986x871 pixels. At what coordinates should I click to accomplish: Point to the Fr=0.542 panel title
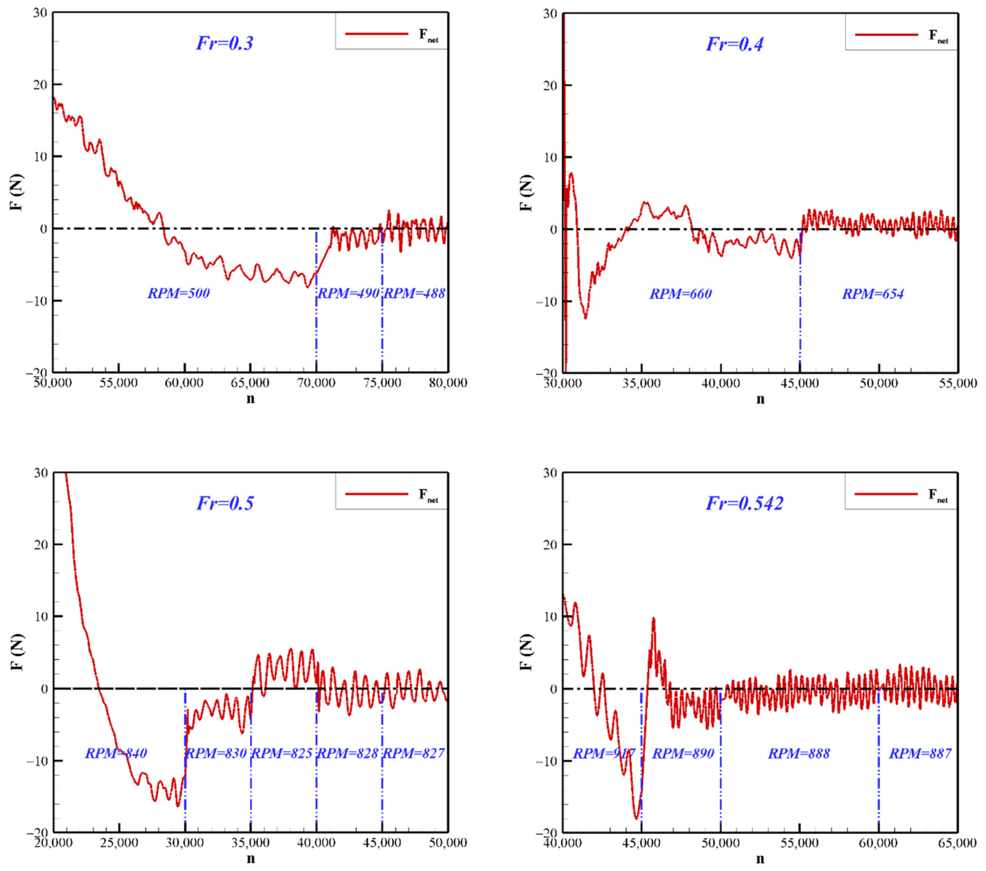(744, 503)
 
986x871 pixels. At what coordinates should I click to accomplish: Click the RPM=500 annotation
(179, 293)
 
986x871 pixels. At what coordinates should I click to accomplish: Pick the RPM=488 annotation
(414, 293)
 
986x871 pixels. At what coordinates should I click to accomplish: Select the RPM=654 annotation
(873, 294)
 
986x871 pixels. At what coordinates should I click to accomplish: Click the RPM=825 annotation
(283, 753)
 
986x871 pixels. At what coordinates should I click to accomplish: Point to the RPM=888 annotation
(799, 753)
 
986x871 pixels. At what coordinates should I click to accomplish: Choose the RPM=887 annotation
(920, 753)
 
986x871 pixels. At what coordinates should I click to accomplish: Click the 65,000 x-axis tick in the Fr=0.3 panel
(250, 383)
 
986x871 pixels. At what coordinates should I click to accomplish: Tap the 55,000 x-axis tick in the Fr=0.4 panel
(957, 384)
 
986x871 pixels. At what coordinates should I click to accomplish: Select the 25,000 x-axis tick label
(119, 842)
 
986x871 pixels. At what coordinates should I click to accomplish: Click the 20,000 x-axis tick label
(53, 842)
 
